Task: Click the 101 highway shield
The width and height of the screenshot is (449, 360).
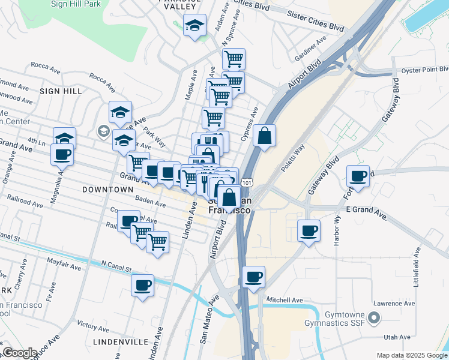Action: [247, 181]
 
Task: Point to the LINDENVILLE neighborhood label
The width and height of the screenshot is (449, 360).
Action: [121, 341]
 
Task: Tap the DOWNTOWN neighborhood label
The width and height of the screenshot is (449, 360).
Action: [107, 190]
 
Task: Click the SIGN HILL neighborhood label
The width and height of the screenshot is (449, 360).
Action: [60, 91]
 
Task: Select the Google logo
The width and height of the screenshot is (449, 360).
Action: [19, 353]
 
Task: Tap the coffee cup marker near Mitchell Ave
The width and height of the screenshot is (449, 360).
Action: [254, 277]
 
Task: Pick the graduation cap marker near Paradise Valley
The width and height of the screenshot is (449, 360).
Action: [194, 25]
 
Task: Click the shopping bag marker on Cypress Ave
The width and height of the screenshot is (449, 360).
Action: [264, 136]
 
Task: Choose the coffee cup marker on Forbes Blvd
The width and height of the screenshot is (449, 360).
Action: [358, 176]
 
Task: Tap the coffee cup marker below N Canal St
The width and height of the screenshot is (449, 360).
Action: [143, 285]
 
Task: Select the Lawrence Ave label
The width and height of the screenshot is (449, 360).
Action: [393, 304]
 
